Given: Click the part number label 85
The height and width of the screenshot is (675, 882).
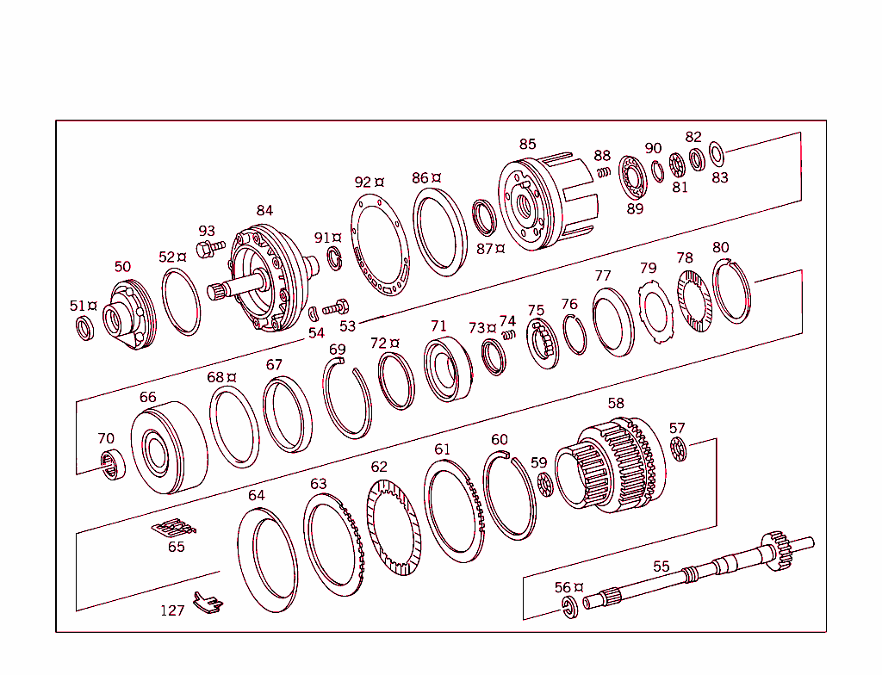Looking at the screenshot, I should tap(527, 144).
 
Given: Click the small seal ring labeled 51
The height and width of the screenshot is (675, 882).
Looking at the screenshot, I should tap(84, 328).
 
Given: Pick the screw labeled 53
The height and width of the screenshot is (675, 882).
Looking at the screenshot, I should tap(336, 307).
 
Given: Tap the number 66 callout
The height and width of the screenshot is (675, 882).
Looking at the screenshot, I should tap(148, 397).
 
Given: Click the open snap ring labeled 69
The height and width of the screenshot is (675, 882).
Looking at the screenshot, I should tap(347, 399).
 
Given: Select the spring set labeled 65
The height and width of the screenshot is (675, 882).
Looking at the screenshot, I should tap(175, 528).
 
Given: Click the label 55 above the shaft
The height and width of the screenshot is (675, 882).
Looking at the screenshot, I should tap(661, 567).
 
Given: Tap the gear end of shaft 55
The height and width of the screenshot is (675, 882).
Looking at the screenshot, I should tap(778, 548).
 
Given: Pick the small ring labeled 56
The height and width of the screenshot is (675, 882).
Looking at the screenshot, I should tap(568, 608).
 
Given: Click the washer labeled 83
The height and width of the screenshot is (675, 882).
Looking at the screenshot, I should tap(717, 155).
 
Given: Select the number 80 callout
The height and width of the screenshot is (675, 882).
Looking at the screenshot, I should tap(721, 248).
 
